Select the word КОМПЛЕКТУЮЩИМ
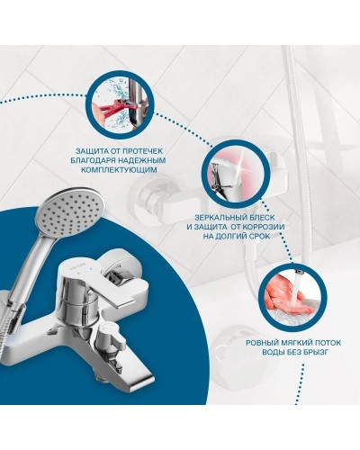(120, 170)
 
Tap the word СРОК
(259, 237)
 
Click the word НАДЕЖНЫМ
(140, 160)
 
